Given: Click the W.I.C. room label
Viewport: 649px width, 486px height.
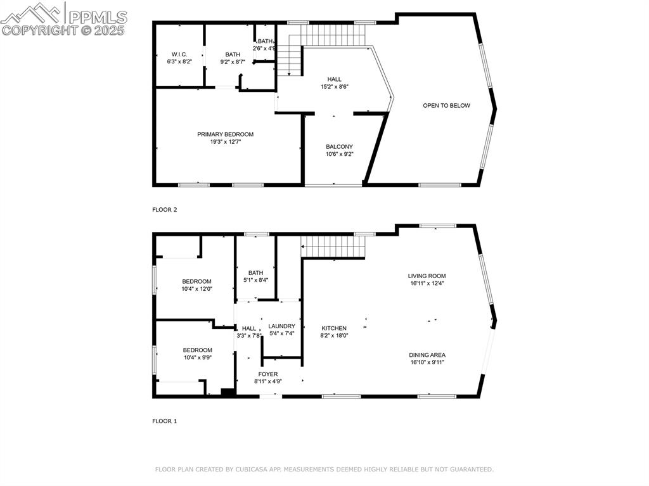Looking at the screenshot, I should coord(179,54).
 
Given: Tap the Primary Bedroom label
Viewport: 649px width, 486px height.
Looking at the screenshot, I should coord(225,134).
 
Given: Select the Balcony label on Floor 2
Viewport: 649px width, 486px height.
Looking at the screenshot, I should coord(339,146).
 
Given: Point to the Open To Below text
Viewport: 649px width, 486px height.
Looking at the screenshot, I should coord(446,105).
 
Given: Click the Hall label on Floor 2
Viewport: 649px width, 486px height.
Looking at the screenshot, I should coord(334,79).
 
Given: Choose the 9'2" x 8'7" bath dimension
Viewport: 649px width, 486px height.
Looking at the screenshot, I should coord(233,62).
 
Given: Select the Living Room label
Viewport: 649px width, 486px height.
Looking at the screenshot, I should coord(427,276).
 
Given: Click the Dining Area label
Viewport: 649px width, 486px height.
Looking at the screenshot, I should coord(427,355).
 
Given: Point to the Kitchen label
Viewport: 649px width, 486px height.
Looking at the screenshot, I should coord(334,328).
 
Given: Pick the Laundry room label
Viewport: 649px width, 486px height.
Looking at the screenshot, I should coord(281,326).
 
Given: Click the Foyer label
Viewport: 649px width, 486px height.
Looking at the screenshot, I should coord(268,374).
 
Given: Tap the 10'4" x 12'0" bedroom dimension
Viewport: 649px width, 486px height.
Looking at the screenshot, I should coord(196,289).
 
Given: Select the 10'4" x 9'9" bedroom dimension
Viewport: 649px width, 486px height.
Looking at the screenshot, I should coord(196,357).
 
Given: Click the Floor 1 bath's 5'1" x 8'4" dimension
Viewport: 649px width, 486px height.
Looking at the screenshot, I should coord(255,280).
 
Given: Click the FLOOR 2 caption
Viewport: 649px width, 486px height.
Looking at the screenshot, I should coord(165,209).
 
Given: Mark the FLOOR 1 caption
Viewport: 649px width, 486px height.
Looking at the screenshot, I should coord(165,421).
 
